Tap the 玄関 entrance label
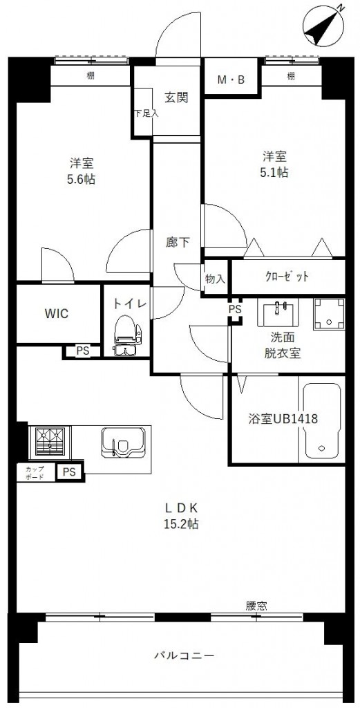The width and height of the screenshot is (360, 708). pos(177,97)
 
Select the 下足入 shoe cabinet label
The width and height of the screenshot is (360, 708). pos(145,113)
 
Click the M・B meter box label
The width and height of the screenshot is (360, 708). pos(231,80)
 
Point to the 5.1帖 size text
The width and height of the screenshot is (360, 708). pos(274,173)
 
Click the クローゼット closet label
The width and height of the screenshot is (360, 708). pos(287,277)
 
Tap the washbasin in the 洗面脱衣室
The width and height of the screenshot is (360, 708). pos(281,313)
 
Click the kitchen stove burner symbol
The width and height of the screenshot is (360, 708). pos(48,440)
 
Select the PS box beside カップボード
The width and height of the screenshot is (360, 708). pos(69,472)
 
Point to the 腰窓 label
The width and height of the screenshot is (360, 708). pos(256,606)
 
